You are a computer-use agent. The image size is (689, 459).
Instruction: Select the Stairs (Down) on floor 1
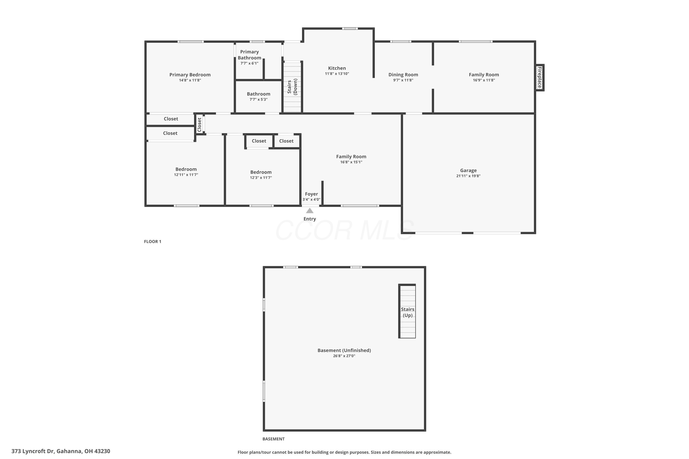pos(292,87)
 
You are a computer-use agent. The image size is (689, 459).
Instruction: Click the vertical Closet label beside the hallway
pos(200,125)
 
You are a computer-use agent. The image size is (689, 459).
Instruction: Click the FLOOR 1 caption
pos(153,241)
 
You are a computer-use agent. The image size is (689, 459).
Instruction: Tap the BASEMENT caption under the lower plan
pos(273,439)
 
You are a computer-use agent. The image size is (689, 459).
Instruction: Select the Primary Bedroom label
pos(190,75)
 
